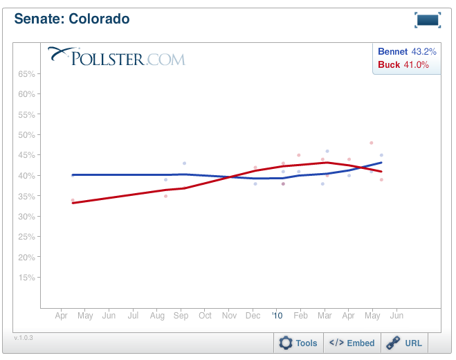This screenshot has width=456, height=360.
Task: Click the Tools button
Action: (299, 343)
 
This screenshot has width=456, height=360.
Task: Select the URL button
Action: (405, 343)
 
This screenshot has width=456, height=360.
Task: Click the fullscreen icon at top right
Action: (428, 20)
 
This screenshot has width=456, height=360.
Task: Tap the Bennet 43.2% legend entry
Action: (403, 52)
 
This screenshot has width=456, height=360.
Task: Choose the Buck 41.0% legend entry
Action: (403, 65)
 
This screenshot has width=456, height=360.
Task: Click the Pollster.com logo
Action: (116, 57)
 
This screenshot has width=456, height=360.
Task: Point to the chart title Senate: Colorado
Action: (71, 19)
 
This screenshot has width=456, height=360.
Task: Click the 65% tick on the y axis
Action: (26, 73)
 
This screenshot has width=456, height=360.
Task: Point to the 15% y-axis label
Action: (26, 278)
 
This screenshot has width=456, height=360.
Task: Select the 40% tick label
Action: (26, 176)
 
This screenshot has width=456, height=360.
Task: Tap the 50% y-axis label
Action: (26, 135)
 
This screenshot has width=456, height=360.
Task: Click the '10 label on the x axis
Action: (277, 316)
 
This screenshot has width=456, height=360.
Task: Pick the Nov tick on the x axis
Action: (229, 316)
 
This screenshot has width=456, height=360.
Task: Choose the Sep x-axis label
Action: (181, 316)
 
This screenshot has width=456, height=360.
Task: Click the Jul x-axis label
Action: (133, 316)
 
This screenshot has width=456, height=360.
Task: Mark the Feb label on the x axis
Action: (300, 316)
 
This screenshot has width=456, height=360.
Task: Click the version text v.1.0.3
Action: (24, 338)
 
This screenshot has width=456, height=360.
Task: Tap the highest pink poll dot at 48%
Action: (372, 143)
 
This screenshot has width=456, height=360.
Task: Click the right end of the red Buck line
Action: (381, 172)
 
